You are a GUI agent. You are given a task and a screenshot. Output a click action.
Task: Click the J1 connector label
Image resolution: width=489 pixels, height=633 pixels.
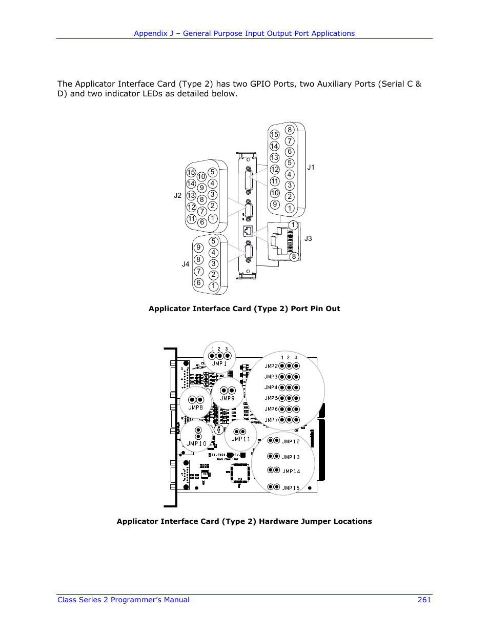(x=311, y=168)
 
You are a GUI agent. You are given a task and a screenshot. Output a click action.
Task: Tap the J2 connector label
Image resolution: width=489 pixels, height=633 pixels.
(x=178, y=195)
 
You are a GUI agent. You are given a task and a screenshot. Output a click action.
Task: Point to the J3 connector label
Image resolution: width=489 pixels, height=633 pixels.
(x=308, y=238)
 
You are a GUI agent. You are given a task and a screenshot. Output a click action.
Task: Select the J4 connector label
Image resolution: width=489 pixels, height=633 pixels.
(x=186, y=264)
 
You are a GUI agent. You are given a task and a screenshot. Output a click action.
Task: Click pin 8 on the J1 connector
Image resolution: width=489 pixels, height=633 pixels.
(x=290, y=130)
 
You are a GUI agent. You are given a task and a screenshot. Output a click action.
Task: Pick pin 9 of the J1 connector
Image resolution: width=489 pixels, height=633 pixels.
(x=275, y=204)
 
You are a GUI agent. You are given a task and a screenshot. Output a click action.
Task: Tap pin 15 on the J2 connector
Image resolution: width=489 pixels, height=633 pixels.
(x=191, y=172)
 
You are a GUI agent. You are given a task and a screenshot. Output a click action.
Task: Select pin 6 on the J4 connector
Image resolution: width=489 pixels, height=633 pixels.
(x=199, y=282)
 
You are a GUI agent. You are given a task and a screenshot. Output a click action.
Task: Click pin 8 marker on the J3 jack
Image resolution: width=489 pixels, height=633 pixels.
(x=294, y=256)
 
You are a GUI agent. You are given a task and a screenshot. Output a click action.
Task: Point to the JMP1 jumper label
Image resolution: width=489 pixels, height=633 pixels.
(x=219, y=364)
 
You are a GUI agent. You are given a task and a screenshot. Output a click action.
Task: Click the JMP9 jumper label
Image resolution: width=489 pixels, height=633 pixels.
(x=227, y=398)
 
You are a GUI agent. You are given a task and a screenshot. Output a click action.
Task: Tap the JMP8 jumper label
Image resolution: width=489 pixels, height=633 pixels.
(x=195, y=407)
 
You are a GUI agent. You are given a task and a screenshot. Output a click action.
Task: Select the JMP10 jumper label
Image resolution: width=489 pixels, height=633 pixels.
(x=196, y=444)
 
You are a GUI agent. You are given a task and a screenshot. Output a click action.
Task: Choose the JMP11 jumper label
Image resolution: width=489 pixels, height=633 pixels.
(x=240, y=439)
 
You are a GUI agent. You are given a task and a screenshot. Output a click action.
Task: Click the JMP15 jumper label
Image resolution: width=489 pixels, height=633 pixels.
(x=291, y=488)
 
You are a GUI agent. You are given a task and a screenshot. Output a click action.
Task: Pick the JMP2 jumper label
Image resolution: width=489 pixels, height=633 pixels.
(x=271, y=366)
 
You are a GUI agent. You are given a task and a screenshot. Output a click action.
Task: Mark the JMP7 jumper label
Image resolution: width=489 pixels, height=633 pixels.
(x=271, y=420)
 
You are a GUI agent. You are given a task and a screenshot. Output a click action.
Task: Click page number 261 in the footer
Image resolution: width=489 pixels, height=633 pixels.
(x=424, y=600)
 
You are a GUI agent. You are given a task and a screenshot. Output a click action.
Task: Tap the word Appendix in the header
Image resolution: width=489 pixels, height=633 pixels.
(x=151, y=33)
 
